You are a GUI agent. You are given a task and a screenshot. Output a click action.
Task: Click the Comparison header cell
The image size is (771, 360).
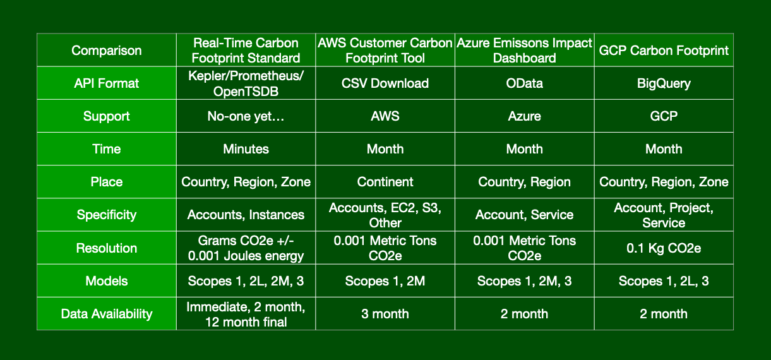[106, 51]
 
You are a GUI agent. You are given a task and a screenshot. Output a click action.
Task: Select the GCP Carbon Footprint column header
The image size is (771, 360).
[664, 51]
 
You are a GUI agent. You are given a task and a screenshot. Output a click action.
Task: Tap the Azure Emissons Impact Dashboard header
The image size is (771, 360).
[524, 51]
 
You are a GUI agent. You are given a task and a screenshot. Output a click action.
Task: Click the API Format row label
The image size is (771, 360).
[106, 83]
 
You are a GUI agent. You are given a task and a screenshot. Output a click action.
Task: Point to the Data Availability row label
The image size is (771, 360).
[106, 313]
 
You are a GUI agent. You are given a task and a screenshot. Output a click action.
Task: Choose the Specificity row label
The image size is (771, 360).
[106, 214]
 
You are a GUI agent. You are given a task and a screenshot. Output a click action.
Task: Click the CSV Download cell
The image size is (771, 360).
[385, 83]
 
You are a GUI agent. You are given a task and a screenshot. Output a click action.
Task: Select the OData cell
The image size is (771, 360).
[524, 83]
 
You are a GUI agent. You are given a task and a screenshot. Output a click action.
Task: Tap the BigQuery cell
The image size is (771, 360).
[664, 83]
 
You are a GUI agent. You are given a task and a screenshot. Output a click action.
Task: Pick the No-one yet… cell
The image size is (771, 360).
[246, 116]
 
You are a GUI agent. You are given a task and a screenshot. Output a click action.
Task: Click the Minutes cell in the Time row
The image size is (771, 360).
[246, 148]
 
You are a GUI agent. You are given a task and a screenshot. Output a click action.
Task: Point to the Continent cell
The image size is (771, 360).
[385, 182]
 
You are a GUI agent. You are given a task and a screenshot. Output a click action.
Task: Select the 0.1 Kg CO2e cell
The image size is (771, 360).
[664, 248]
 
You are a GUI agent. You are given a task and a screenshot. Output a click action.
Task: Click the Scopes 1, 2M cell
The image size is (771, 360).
[385, 281]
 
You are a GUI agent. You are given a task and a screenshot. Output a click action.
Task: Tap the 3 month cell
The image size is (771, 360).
[385, 313]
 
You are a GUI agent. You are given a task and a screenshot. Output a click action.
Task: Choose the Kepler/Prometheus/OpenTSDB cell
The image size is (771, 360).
[246, 83]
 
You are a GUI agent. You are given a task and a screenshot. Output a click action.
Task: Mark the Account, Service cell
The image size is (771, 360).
[524, 214]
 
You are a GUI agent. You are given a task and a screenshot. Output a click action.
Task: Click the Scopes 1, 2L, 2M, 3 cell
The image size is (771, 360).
[246, 281]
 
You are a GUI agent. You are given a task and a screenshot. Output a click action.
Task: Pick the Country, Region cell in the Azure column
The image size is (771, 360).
[524, 182]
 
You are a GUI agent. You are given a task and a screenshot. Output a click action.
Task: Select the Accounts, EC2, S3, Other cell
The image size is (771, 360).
[385, 214]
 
